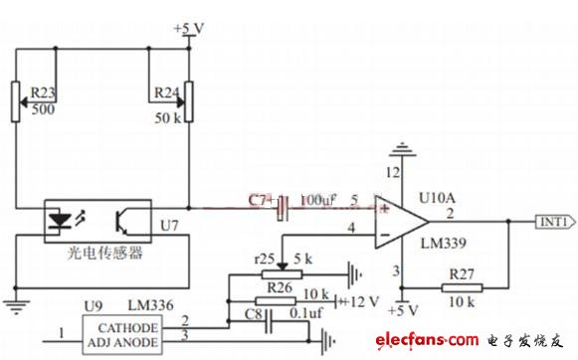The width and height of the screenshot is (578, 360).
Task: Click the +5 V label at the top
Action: click(x=188, y=28)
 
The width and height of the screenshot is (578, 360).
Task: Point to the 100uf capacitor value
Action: click(x=317, y=201)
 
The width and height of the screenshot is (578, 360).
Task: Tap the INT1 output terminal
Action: click(x=553, y=222)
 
